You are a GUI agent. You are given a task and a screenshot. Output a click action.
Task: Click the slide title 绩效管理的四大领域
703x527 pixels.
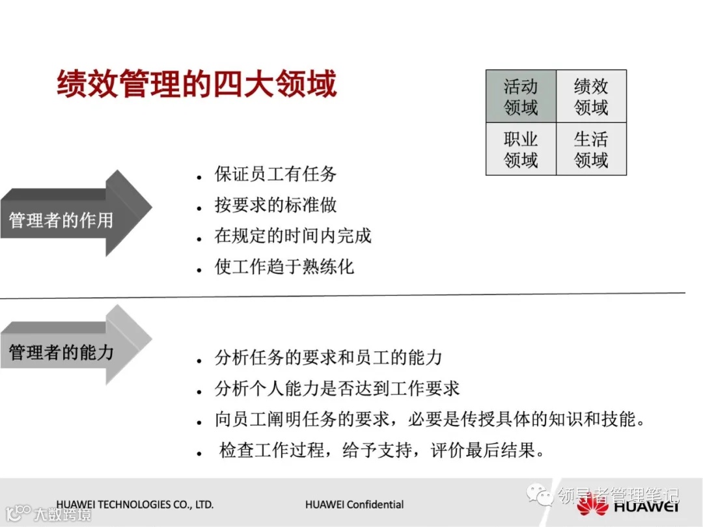(x=197, y=85)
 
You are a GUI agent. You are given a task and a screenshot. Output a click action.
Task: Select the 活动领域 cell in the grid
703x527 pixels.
(x=521, y=96)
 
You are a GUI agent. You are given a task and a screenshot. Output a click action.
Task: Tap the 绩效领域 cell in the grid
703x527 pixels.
(x=591, y=96)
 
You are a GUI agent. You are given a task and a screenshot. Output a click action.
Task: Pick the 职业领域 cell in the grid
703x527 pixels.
(x=521, y=149)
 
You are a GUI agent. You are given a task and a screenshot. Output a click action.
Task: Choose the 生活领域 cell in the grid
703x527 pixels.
(x=591, y=149)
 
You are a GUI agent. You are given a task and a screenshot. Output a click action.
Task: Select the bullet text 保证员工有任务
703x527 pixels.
(x=275, y=174)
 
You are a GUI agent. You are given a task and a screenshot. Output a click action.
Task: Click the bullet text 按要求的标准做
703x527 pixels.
(x=275, y=205)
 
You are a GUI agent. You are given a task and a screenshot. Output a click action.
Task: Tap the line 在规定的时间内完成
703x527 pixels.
(x=293, y=236)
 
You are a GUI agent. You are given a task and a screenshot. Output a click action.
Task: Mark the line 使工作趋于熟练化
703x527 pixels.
(x=284, y=266)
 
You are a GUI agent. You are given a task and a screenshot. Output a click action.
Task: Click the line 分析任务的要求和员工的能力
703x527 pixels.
(x=328, y=357)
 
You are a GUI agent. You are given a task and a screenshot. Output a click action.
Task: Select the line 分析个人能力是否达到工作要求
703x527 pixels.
(x=337, y=388)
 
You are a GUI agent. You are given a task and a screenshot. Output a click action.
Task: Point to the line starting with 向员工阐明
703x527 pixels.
(x=430, y=420)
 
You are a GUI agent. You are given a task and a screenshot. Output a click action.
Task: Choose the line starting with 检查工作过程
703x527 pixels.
(x=381, y=450)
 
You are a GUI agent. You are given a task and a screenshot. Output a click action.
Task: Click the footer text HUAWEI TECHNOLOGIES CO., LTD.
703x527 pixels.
(x=135, y=504)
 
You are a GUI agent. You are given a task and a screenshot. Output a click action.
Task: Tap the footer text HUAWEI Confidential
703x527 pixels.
(x=354, y=504)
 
